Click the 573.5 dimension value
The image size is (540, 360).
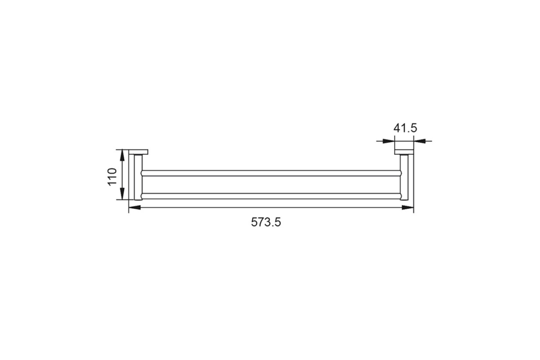click(266, 222)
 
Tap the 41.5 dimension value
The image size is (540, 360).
click(405, 128)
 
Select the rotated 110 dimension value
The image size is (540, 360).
click(112, 177)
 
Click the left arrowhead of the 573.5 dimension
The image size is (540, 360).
click(135, 207)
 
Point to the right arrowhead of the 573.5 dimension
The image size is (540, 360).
click(408, 207)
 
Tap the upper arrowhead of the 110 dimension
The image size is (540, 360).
click(122, 156)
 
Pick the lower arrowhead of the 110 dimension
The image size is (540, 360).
click(122, 194)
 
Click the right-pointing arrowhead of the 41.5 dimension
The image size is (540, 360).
click(389, 141)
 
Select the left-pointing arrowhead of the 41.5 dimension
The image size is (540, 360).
click(420, 141)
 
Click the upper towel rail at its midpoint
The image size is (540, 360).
click(271, 173)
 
